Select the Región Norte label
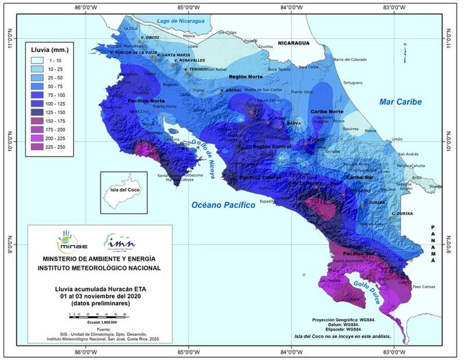pos(245,77)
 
